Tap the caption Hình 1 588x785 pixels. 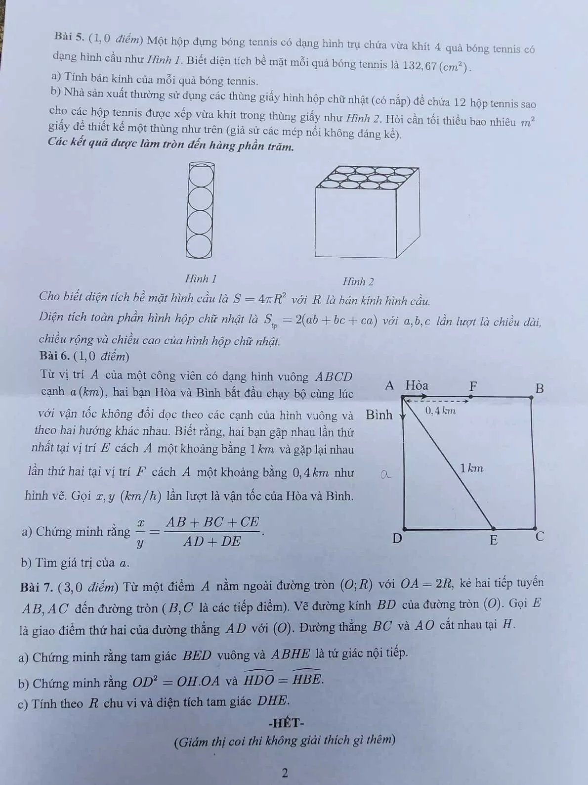pyautogui.click(x=201, y=278)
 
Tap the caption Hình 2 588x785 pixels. pyautogui.click(x=358, y=282)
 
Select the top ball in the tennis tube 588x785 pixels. pyautogui.click(x=200, y=175)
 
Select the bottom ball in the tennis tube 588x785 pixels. pyautogui.click(x=199, y=246)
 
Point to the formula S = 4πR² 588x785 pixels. pyautogui.click(x=260, y=299)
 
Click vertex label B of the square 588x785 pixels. pyautogui.click(x=540, y=388)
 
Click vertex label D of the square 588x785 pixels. pyautogui.click(x=396, y=538)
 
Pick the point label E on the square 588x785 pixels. pyautogui.click(x=493, y=540)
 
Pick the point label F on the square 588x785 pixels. pyautogui.click(x=473, y=386)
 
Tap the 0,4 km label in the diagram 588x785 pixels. pyautogui.click(x=440, y=411)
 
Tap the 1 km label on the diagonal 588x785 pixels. pyautogui.click(x=471, y=467)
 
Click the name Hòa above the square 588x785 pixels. pyautogui.click(x=417, y=385)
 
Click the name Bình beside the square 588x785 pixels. pyautogui.click(x=378, y=415)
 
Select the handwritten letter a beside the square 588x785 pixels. pyautogui.click(x=385, y=474)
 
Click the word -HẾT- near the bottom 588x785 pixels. pyautogui.click(x=286, y=723)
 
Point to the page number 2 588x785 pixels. pyautogui.click(x=285, y=773)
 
